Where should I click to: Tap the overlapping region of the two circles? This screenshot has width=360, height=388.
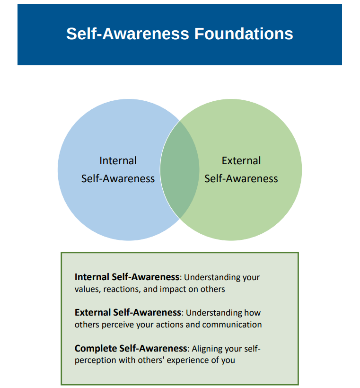(179, 169)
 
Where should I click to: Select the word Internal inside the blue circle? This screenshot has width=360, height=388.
(118, 161)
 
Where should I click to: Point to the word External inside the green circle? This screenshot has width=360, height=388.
(241, 161)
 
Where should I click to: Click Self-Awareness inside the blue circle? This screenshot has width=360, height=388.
(118, 178)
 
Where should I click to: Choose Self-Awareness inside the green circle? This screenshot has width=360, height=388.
(241, 178)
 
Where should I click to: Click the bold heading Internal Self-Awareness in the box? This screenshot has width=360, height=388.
(127, 277)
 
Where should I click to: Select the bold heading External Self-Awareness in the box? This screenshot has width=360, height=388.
(128, 312)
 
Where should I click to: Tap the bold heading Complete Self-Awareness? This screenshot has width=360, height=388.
(131, 348)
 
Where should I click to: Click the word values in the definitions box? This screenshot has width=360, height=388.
(86, 289)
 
